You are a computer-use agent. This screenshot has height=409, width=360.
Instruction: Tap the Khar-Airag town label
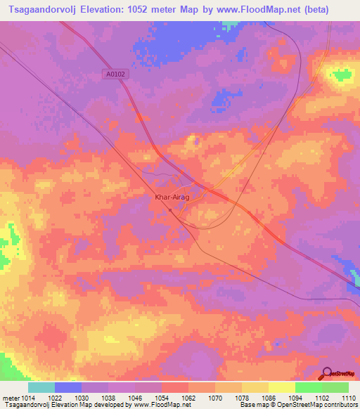[x=170, y=197]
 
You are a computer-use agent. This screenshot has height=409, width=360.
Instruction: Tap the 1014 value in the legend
[x=28, y=398]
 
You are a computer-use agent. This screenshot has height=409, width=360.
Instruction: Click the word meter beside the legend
[x=9, y=398]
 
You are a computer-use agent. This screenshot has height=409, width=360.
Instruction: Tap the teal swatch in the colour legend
[x=41, y=387]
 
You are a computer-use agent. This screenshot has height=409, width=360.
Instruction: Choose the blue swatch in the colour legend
[x=68, y=387]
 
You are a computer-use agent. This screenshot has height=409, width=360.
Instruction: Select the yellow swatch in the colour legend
[x=282, y=387]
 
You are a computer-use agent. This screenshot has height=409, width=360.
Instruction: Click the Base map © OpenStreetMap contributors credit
[x=298, y=405]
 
